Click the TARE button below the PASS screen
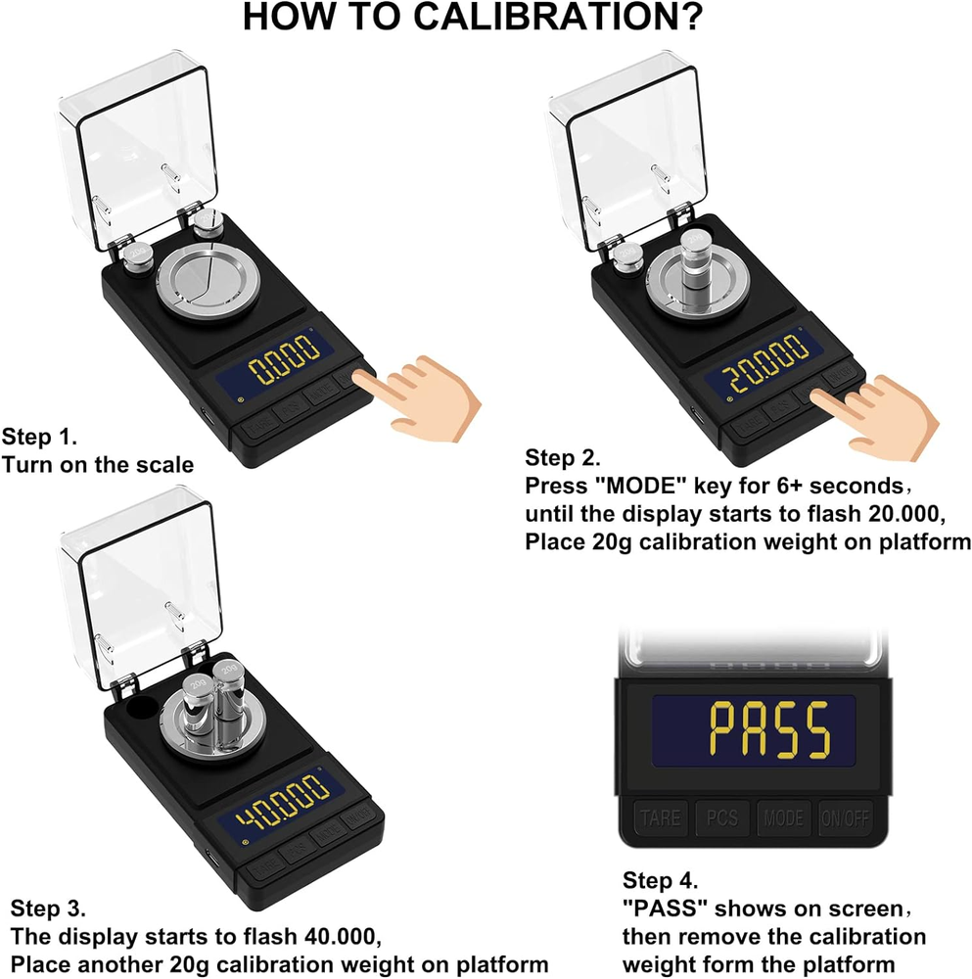tap(661, 816)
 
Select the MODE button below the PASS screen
tap(783, 816)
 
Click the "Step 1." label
tap(39, 436)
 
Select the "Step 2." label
tap(563, 457)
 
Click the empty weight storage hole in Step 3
tap(138, 707)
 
